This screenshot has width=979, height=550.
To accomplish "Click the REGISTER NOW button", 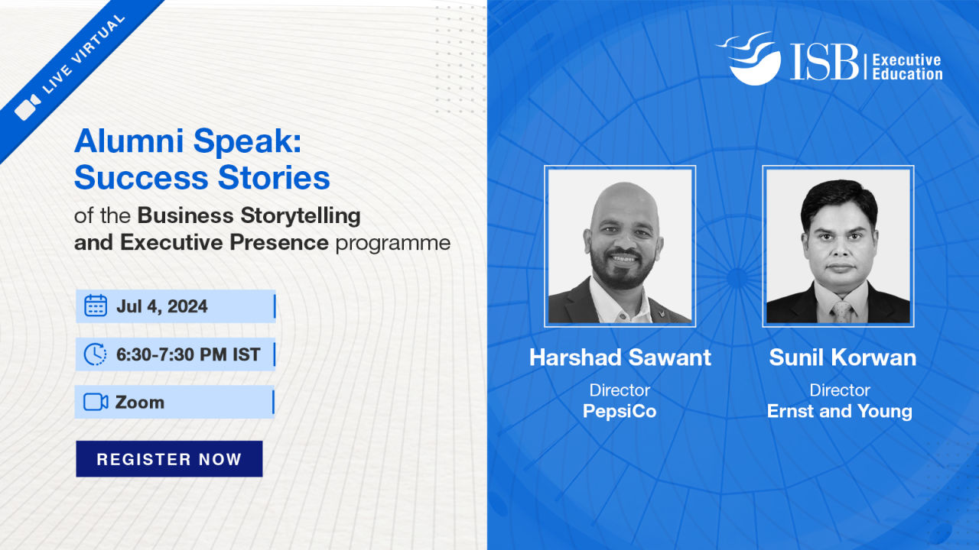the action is point(169,459).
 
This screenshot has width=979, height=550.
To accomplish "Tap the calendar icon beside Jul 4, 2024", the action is point(96,306).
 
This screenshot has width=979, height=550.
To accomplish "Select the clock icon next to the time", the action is point(95,354).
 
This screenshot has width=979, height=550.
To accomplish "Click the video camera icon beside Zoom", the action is point(96,402).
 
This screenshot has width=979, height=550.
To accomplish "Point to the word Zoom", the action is point(140,403).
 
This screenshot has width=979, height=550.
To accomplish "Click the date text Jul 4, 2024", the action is point(161,306).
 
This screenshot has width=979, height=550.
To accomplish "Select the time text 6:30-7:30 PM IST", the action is point(188,354).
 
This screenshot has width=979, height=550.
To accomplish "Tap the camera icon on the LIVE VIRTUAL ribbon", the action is point(27,107).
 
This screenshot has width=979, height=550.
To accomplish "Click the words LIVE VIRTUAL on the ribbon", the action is point(84,53).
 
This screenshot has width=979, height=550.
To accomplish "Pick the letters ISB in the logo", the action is point(825,62).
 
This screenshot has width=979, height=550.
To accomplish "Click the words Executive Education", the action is point(907,67).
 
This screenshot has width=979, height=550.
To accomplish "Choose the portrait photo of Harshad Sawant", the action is point(620,246).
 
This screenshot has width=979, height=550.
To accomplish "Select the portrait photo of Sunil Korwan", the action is point(838,246).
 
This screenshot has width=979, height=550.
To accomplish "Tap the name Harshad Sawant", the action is point(620,357).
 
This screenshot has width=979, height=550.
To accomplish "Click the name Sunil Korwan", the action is point(843,357).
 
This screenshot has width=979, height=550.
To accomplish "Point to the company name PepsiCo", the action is point(620,411).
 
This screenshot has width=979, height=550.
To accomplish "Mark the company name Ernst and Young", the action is point(840,412).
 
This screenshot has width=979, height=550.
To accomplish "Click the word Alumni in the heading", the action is point(129,141).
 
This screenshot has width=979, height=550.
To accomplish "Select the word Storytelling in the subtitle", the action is point(301,215).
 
